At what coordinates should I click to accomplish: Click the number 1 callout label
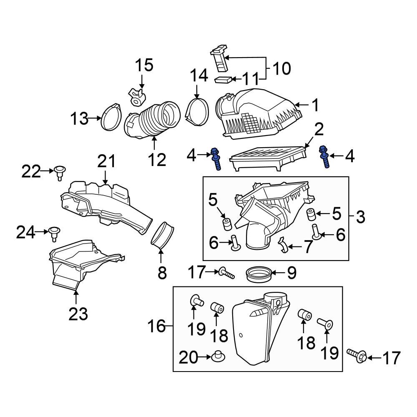(x=315, y=105)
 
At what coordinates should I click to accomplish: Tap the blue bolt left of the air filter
(x=216, y=159)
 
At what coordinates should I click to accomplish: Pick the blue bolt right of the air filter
(x=324, y=157)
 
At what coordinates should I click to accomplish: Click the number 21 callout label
(x=106, y=162)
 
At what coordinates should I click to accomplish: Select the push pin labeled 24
(x=53, y=232)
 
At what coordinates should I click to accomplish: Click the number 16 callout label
(x=157, y=327)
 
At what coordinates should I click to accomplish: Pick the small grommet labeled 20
(x=217, y=357)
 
